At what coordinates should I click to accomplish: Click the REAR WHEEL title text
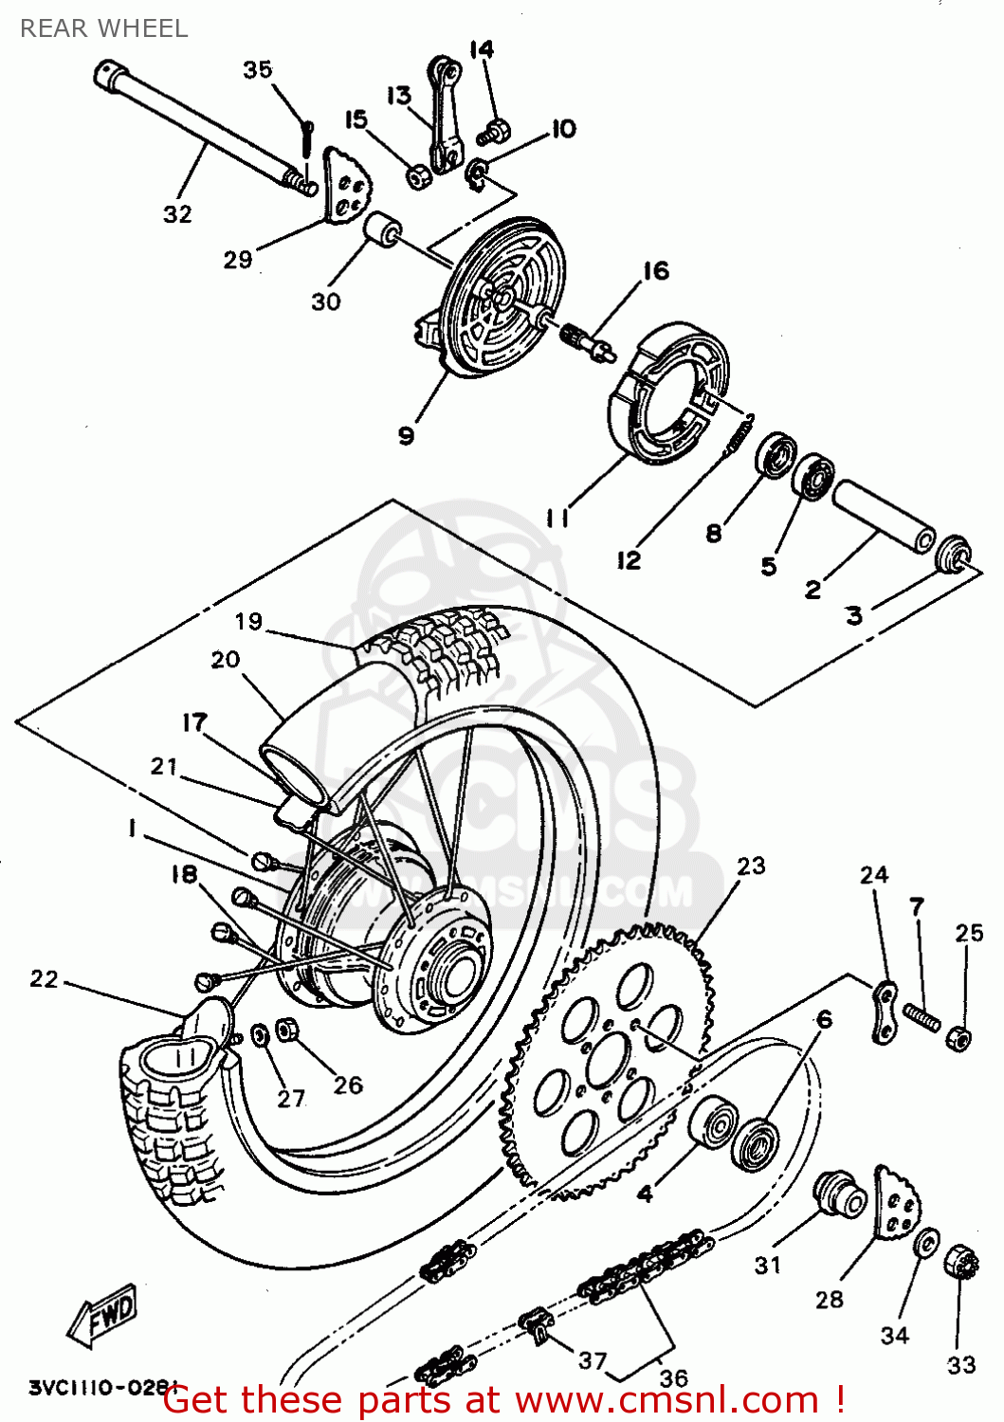click(103, 28)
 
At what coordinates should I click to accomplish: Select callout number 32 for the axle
click(177, 214)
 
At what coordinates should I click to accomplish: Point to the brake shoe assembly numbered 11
click(669, 393)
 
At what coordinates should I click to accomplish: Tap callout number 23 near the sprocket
click(751, 866)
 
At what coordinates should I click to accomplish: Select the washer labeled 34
click(925, 1242)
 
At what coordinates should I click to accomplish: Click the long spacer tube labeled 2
click(884, 517)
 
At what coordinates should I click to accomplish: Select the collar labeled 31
click(839, 1195)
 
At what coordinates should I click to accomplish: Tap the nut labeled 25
click(958, 1038)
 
